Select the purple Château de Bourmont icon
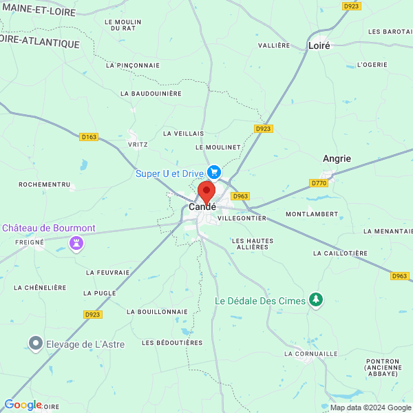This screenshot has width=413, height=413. (76, 243)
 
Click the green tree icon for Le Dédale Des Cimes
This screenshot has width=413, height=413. (316, 299)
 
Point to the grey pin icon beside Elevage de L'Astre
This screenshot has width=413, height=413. (35, 343)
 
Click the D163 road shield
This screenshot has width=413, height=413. (89, 137)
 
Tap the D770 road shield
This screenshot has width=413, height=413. (319, 183)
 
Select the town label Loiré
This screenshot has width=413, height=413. (319, 45)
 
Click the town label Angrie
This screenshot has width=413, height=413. (337, 158)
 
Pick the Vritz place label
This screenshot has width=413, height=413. (138, 145)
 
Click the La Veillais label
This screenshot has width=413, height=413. (183, 133)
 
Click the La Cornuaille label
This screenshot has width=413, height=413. (311, 353)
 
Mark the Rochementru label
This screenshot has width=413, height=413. (45, 184)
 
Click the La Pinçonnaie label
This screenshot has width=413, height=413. (133, 65)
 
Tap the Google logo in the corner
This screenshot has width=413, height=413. (23, 405)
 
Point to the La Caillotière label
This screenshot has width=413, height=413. (340, 253)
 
